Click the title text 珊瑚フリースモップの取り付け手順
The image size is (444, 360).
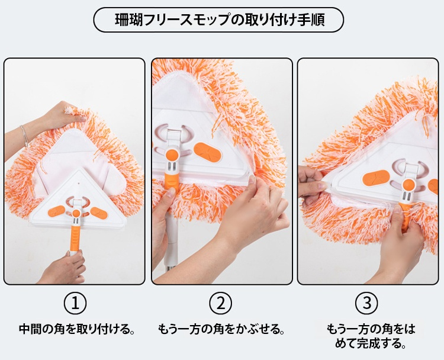[x=220, y=20]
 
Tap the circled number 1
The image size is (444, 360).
[x=75, y=303]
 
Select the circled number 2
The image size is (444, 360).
[x=221, y=303]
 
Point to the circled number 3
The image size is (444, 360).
[x=366, y=303]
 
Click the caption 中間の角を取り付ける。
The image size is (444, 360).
[x=76, y=329]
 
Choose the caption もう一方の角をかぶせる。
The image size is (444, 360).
[x=221, y=329]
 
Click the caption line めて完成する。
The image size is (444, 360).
[x=371, y=343]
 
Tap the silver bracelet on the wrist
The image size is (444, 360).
[x=25, y=136]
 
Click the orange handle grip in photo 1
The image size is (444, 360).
[x=75, y=238]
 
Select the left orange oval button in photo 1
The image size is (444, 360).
[x=57, y=211]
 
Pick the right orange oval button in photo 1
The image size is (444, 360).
[x=99, y=213]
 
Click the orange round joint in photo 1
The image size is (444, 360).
[x=76, y=213]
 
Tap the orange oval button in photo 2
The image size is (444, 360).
[x=207, y=152]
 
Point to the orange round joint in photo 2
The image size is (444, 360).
[x=172, y=155]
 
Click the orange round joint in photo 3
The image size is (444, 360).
[x=408, y=184]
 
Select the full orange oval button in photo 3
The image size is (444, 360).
[x=376, y=178]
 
